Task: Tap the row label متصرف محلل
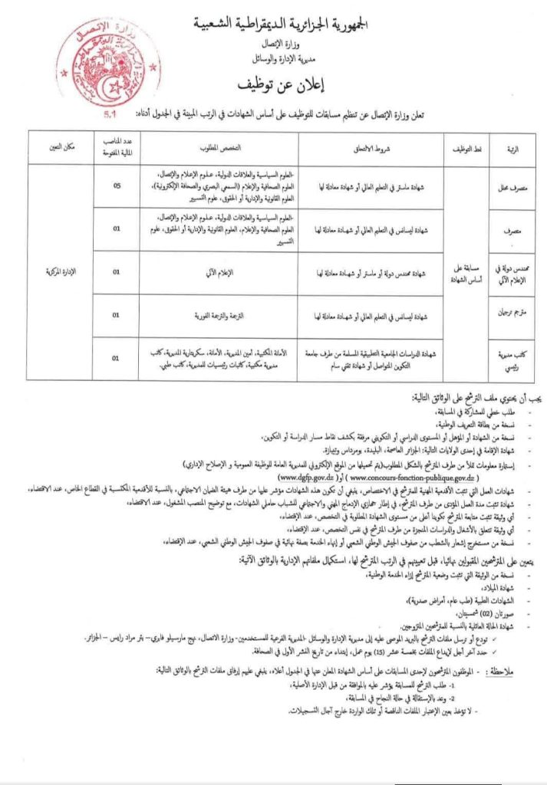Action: click(512, 186)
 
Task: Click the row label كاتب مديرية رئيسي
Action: click(512, 356)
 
